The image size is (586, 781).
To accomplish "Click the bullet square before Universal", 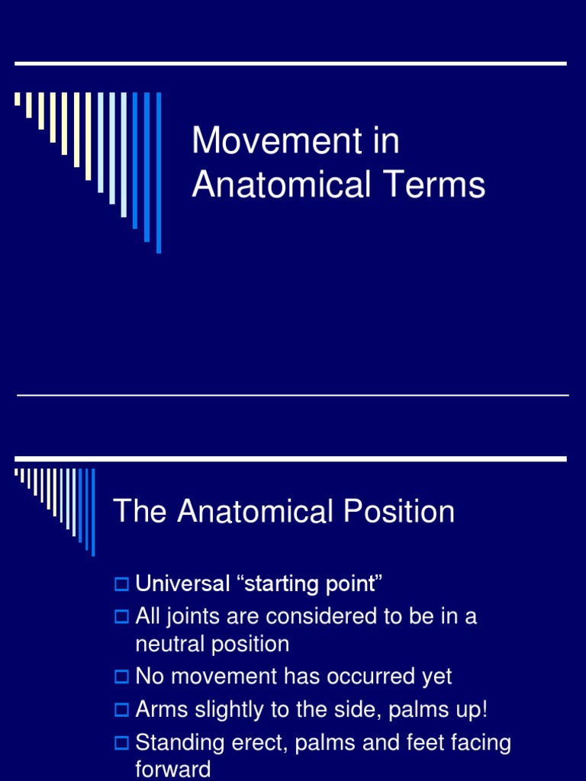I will [121, 585].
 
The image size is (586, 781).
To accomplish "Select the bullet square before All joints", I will [121, 616].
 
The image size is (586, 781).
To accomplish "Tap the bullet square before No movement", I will [121, 677].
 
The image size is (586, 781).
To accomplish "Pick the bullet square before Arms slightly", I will [121, 710].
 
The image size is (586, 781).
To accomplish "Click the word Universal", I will [182, 584].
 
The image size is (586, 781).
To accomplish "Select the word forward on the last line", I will [172, 769].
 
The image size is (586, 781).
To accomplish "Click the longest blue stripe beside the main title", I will [159, 172].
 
